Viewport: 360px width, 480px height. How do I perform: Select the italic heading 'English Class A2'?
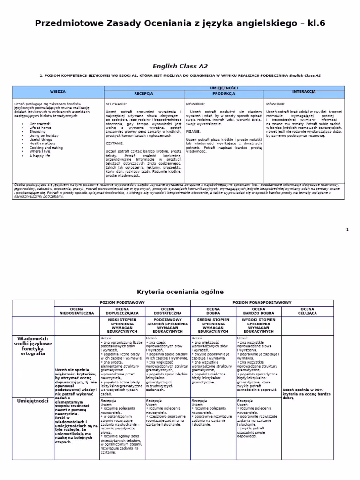(180, 67)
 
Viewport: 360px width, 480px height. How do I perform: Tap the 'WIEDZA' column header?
(58, 92)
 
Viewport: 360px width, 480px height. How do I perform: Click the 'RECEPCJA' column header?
(143, 94)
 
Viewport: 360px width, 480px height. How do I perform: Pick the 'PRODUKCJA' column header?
(224, 94)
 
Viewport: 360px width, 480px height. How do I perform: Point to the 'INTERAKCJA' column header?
(304, 92)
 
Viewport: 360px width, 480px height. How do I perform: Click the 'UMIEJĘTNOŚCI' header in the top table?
(224, 88)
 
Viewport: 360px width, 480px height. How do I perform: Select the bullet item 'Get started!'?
(40, 124)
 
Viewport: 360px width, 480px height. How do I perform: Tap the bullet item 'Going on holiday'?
(44, 135)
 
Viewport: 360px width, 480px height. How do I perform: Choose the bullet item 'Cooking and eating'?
(45, 148)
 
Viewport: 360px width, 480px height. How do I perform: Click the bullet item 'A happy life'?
(40, 156)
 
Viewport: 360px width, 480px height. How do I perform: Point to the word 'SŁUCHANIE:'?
(116, 104)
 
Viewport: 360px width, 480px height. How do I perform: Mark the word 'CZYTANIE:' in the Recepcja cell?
(115, 143)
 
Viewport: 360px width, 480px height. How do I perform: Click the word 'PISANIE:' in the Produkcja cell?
(194, 132)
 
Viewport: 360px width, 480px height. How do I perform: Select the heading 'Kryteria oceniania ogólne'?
(180, 292)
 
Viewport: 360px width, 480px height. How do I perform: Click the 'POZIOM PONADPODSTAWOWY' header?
(262, 303)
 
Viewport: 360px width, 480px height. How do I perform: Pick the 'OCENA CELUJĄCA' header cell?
(307, 311)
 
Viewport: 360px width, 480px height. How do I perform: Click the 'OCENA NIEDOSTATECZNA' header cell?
(77, 311)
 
